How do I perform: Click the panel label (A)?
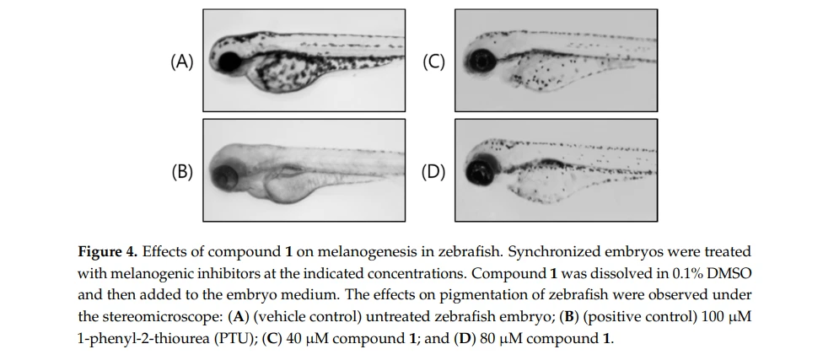tap(182, 62)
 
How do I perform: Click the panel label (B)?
tap(182, 172)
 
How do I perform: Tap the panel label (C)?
tap(434, 62)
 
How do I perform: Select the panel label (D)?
tap(433, 172)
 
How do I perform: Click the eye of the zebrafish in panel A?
tap(229, 62)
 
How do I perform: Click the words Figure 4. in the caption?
tap(108, 252)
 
